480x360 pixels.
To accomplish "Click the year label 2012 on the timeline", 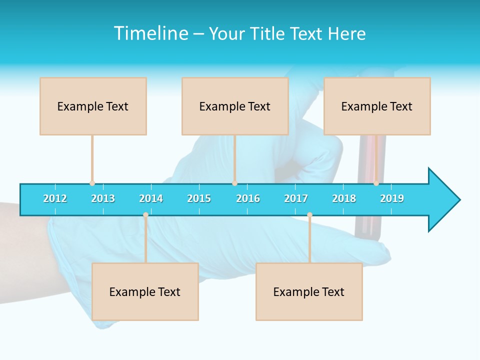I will click(55, 198).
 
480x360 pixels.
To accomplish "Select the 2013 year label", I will click(103, 198).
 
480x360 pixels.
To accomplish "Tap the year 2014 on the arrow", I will click(151, 198).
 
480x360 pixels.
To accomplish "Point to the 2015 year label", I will click(199, 198).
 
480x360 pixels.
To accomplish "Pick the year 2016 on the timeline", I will click(248, 198).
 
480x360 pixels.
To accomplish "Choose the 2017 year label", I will click(296, 198).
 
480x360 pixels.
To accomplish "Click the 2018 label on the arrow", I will click(344, 198).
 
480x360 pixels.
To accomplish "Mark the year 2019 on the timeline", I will click(392, 198).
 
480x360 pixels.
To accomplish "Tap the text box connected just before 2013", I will click(93, 106).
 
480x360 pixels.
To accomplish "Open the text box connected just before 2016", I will click(235, 106).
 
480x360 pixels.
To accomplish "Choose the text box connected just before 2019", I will click(377, 106).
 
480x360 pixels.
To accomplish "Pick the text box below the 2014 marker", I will click(145, 291).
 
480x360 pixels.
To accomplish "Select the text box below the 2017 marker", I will click(309, 291).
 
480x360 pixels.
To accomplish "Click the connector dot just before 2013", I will click(92, 183).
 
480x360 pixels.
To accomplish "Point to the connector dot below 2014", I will click(145, 215).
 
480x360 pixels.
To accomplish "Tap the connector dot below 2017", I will click(309, 215).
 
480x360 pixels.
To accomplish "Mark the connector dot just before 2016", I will click(234, 183).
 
